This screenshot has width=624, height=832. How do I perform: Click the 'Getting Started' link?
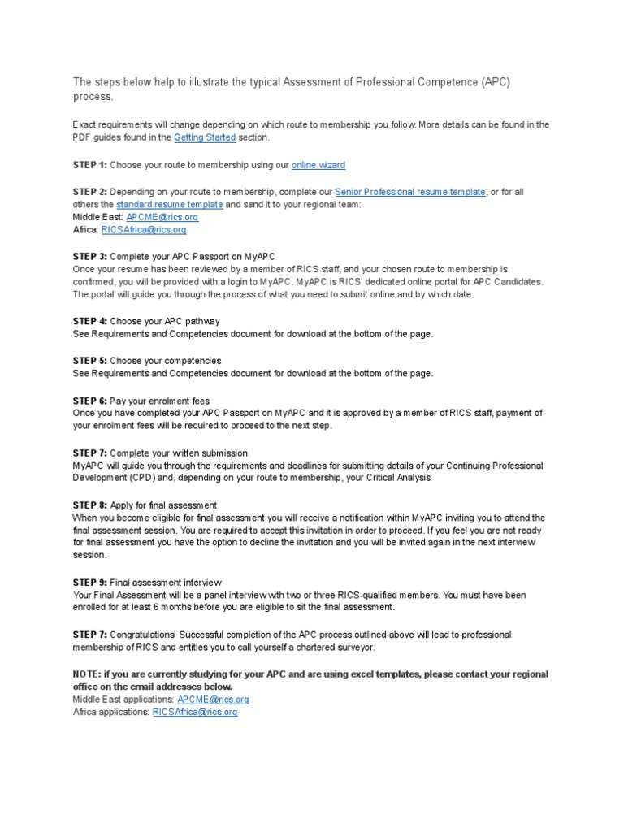pyautogui.click(x=205, y=137)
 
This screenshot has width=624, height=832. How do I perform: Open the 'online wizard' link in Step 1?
pyautogui.click(x=318, y=165)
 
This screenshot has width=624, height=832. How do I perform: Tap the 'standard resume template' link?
pyautogui.click(x=169, y=205)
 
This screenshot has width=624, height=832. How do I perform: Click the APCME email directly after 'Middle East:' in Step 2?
pyautogui.click(x=162, y=217)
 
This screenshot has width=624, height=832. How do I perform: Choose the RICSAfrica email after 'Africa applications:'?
pyautogui.click(x=195, y=712)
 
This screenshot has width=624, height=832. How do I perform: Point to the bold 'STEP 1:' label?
pyautogui.click(x=89, y=165)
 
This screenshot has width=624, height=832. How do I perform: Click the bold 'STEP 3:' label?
pyautogui.click(x=89, y=256)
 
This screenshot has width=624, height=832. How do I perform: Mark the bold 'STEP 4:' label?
pyautogui.click(x=89, y=321)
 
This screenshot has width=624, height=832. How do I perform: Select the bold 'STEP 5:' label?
pyautogui.click(x=89, y=360)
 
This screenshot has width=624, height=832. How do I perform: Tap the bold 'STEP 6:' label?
pyautogui.click(x=89, y=400)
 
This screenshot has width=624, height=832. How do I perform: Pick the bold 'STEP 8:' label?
pyautogui.click(x=89, y=505)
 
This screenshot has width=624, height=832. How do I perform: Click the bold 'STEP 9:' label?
pyautogui.click(x=89, y=582)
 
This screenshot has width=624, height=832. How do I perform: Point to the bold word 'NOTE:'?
pyautogui.click(x=87, y=674)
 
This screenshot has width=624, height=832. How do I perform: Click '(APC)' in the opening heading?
pyautogui.click(x=495, y=83)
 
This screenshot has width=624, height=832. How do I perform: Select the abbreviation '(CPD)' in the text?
pyautogui.click(x=135, y=479)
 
